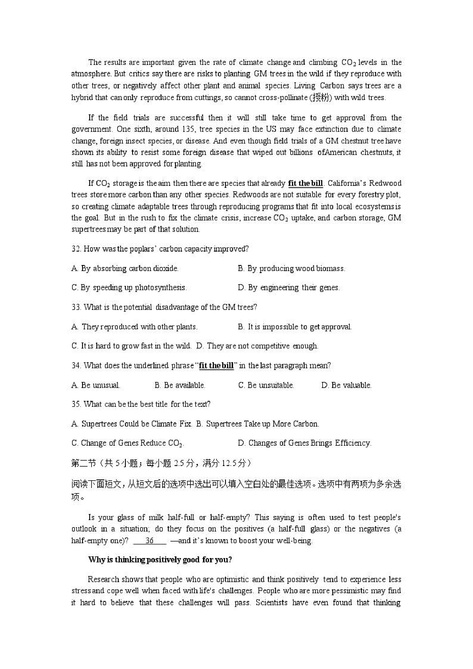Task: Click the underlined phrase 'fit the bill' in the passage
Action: pos(305,183)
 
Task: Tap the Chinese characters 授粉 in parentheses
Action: pos(321,97)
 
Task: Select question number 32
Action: pos(76,249)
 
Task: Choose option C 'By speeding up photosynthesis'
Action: pos(129,288)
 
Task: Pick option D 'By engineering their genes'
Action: pos(289,288)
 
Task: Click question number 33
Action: pos(76,307)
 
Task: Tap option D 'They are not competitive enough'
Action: pos(257,346)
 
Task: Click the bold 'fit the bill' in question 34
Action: pos(216,365)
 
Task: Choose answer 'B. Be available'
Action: pos(180,385)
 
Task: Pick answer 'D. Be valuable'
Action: pos(346,385)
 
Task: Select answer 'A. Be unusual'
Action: pos(96,385)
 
